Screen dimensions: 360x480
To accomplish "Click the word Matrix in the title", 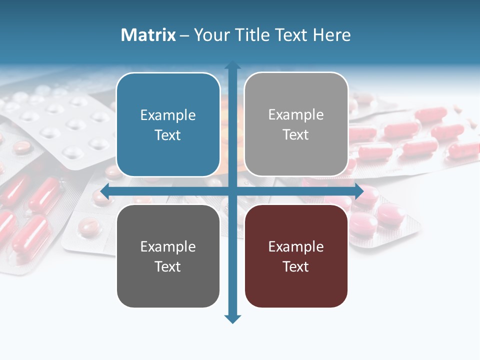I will coord(148,35).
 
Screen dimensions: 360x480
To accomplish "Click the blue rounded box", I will coord(168,125).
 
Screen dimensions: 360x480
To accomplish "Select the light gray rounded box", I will coord(296,124).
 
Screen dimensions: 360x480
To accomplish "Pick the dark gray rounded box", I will coord(168,256).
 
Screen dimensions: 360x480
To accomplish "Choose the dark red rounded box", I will coord(296,256).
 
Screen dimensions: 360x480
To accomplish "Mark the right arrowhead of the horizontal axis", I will coord(358,191).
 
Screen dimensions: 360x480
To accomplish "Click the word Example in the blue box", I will coord(168,115).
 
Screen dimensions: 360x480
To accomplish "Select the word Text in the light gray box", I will coord(296,135).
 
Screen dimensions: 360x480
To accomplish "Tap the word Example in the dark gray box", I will coord(168,247).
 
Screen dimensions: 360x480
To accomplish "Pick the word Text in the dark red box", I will coord(296,266).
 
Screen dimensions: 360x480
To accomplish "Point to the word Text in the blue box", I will coord(168,135).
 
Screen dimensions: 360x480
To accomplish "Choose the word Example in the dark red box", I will coord(296,247).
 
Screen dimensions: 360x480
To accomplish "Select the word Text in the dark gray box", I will coord(168,266).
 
